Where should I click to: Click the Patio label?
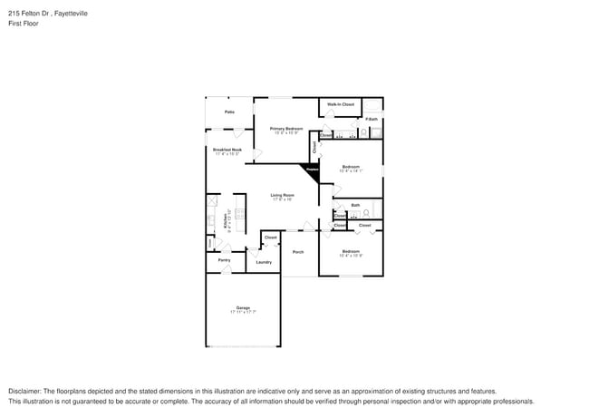point(230,112)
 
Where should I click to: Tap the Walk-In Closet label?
point(341,105)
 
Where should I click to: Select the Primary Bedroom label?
point(285,129)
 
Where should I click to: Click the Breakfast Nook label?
point(227,150)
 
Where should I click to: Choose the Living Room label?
point(282,195)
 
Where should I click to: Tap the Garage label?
point(243,307)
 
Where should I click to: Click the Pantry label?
point(224,260)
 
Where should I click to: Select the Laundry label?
point(264,262)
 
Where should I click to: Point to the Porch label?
point(298,252)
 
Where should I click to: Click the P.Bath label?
point(372,120)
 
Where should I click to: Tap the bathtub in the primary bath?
point(372,108)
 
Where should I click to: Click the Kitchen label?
point(215,220)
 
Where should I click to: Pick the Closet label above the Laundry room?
point(270,237)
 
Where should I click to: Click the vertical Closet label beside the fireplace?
point(314,146)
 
